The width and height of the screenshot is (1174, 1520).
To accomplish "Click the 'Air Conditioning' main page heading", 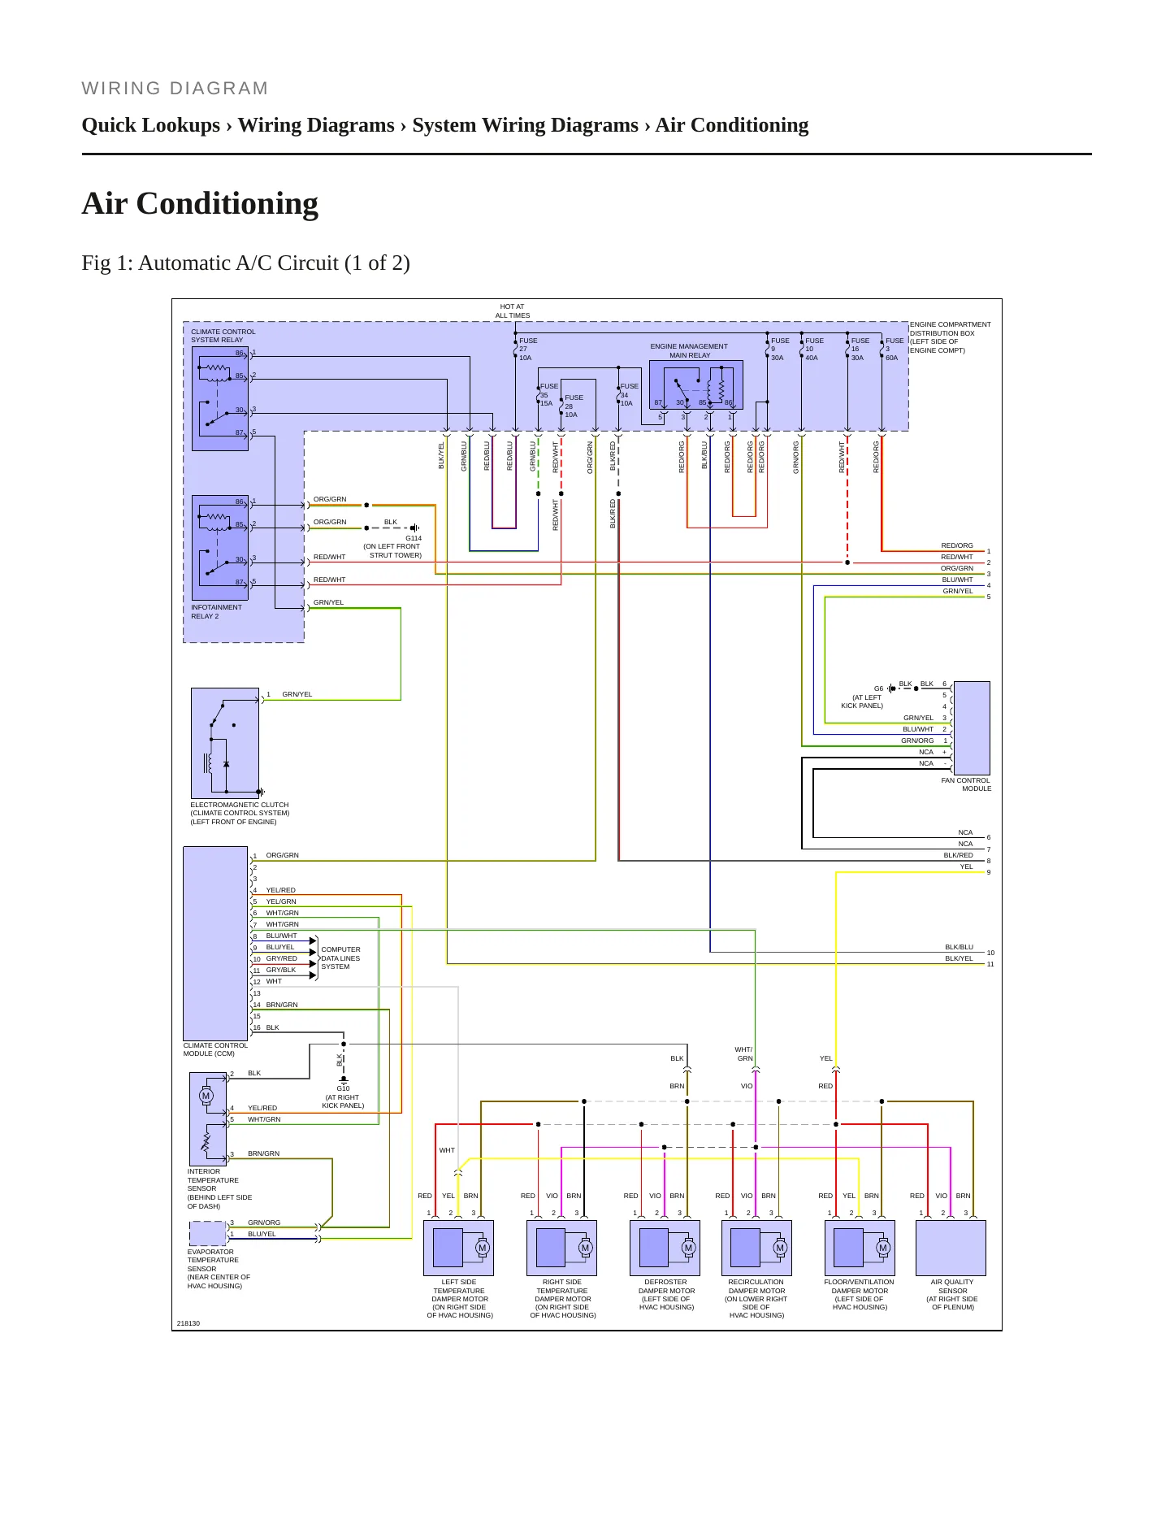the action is click(x=200, y=203).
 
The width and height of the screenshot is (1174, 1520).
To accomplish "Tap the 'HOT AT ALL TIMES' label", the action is click(x=513, y=311).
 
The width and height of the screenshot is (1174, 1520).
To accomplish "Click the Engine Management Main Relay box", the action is click(x=696, y=384).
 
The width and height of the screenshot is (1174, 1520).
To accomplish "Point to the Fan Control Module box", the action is click(x=972, y=728).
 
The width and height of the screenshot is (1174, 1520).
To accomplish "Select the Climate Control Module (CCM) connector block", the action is click(x=215, y=944).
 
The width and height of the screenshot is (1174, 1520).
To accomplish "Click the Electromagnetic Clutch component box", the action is click(x=225, y=744).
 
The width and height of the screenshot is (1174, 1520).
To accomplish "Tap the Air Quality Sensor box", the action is click(x=951, y=1248).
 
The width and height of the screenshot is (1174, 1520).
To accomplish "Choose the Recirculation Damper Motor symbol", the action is click(x=756, y=1248).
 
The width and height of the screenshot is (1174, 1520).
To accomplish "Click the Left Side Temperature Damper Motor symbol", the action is click(x=458, y=1248).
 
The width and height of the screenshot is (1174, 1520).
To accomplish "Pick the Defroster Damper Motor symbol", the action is click(x=665, y=1248).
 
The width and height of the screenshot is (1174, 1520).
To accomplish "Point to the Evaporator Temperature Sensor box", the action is click(x=208, y=1234).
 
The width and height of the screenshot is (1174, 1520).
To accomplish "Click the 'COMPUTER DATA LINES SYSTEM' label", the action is click(x=340, y=958).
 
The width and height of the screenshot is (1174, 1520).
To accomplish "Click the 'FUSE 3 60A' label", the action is click(x=894, y=350).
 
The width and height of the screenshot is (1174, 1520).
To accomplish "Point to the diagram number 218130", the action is click(x=188, y=1323).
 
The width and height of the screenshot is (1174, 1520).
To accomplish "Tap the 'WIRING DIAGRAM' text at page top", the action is click(x=175, y=89).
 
